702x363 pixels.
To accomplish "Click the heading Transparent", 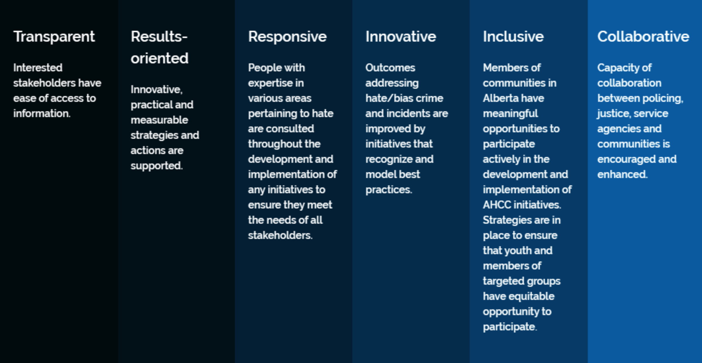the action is (54, 37).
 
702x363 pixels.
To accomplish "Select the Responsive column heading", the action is (287, 37).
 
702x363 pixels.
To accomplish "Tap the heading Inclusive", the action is (513, 37).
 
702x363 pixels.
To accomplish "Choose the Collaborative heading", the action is (643, 37).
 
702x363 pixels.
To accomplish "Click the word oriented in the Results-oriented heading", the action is (159, 58).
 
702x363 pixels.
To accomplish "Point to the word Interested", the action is (38, 68).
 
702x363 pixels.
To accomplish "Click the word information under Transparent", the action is (42, 113).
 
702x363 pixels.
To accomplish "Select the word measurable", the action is (159, 120).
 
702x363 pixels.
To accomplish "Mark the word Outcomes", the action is (390, 68).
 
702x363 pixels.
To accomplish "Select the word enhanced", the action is (622, 174).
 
